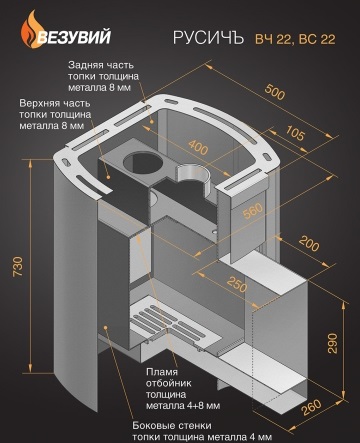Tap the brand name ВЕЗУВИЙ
[74, 36]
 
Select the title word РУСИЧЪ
[209, 37]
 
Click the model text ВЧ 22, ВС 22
[295, 39]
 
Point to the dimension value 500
[275, 92]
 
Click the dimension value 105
[295, 133]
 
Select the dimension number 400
[198, 147]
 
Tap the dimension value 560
[253, 211]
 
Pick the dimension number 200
[309, 243]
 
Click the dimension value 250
[237, 284]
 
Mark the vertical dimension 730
[18, 266]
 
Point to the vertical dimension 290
[332, 343]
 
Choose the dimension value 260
[312, 407]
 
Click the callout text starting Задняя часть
[103, 76]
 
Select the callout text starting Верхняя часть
[55, 114]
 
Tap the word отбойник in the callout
[168, 383]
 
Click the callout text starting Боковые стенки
[202, 431]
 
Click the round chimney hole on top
[143, 163]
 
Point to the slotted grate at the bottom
[175, 328]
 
